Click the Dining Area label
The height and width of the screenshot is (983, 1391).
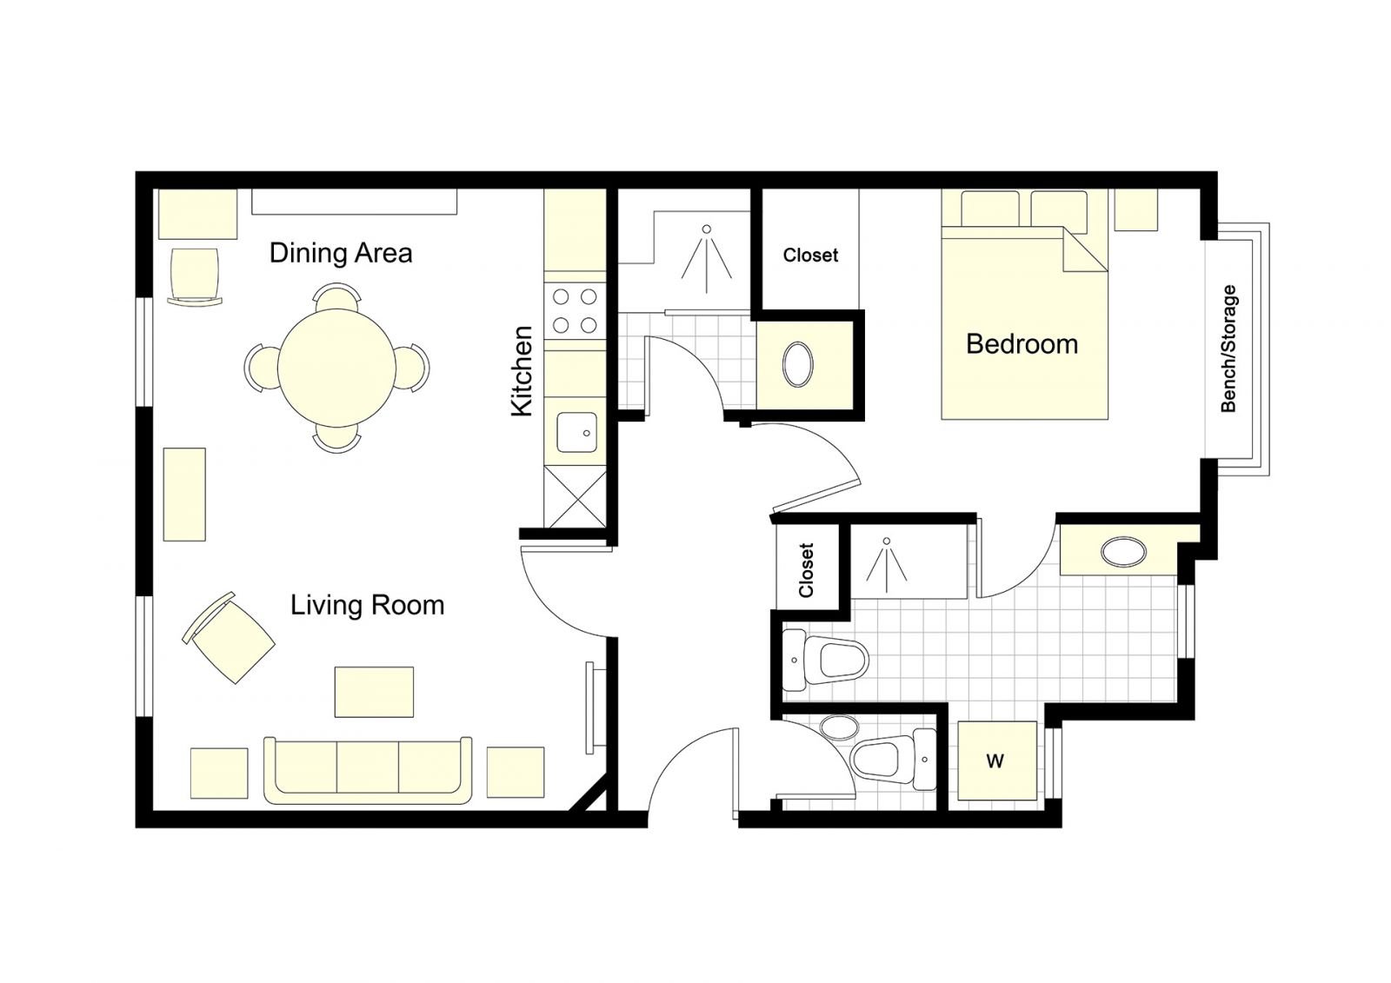[340, 254]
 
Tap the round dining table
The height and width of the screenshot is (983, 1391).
[336, 369]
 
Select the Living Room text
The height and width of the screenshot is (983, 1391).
[367, 605]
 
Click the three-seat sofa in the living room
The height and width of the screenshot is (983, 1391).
[368, 770]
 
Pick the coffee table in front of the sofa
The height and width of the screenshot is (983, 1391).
[374, 692]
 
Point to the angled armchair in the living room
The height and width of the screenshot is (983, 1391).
[229, 638]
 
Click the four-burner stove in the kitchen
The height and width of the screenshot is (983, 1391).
[575, 310]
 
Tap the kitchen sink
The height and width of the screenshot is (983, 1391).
[576, 432]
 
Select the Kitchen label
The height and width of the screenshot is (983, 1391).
[522, 371]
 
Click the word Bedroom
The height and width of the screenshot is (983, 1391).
[1022, 344]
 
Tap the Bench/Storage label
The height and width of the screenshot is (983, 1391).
[1228, 349]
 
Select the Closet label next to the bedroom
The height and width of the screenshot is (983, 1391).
[810, 256]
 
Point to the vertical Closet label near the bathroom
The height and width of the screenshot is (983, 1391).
[806, 570]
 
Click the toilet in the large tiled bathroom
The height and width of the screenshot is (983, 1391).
[825, 660]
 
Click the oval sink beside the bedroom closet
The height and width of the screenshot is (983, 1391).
[798, 364]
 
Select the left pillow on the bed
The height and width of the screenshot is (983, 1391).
[990, 209]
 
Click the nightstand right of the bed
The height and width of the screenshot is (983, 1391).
[1135, 209]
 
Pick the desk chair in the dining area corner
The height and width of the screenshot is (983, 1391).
[195, 276]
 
